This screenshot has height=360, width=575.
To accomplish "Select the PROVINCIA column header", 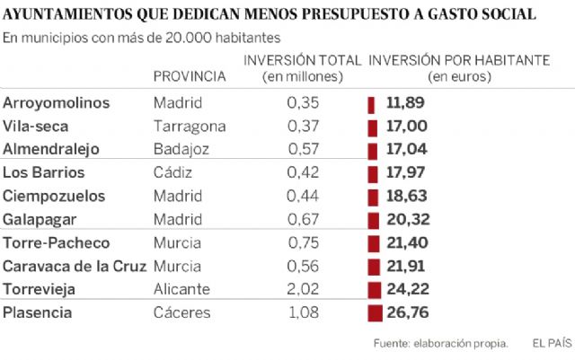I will pos(190,76).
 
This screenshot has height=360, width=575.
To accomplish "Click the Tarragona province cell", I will pos(190,127).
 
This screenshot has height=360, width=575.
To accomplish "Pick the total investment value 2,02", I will pos(303,290).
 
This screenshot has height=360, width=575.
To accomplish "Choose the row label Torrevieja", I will pos(40,290).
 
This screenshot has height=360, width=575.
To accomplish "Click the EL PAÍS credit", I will pos(550,343).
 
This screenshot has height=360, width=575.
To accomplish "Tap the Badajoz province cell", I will pos(183,150).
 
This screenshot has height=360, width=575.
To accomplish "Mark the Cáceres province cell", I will pos(183,313).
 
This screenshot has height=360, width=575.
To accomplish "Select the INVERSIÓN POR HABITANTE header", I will pos(459,60).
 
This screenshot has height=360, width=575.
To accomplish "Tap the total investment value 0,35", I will pos(303,103).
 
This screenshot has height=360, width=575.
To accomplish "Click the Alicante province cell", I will pos(181,290).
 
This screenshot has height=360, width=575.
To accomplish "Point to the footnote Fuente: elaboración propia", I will pos(440,343).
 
